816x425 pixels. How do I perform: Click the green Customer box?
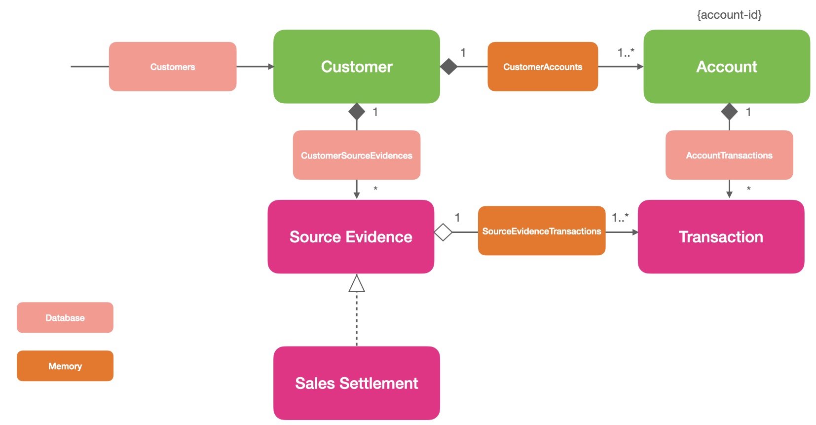[x=356, y=67]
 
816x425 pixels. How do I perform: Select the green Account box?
[x=726, y=67]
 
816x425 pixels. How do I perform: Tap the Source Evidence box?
[x=350, y=237]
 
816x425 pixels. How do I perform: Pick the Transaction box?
[x=720, y=237]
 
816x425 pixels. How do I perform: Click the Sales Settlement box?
[x=356, y=383]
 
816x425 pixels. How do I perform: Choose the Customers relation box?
[x=172, y=67]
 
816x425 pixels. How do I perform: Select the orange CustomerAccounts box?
[x=542, y=67]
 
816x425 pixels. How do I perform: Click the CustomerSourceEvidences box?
[x=356, y=155]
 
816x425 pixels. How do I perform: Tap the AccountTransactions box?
[x=729, y=155]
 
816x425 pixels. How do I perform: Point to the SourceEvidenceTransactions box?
[x=541, y=231]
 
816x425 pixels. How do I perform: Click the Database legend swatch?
[x=65, y=318]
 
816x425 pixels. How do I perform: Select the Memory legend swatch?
[x=65, y=366]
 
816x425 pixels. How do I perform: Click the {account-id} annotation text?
[x=729, y=15]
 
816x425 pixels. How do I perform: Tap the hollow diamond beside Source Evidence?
[x=443, y=232]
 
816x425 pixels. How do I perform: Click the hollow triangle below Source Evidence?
[x=356, y=284]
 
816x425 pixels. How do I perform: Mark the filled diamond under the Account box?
[x=729, y=112]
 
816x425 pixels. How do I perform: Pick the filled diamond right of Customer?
[x=448, y=67]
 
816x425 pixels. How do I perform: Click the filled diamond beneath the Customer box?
[x=356, y=112]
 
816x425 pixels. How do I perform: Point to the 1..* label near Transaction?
[x=620, y=217]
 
